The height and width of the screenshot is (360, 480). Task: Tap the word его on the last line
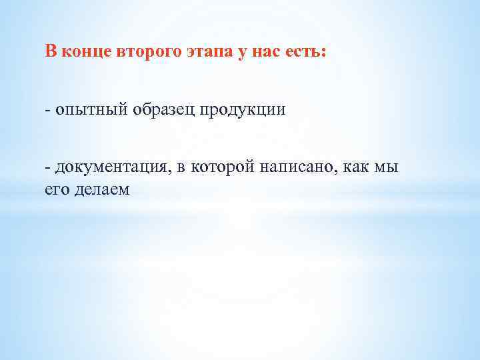pos(56,189)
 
